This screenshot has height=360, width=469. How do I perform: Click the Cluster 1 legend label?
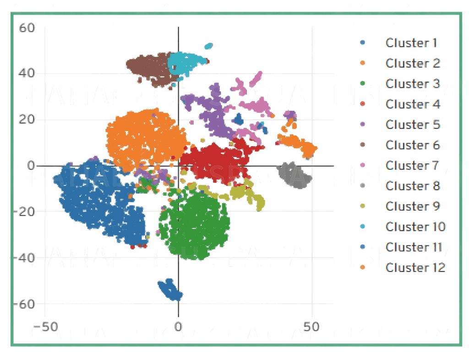click(x=411, y=43)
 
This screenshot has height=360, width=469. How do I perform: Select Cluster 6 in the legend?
click(x=413, y=145)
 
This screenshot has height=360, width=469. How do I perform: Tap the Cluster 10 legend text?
click(x=415, y=227)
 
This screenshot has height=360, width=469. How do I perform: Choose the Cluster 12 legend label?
click(x=415, y=267)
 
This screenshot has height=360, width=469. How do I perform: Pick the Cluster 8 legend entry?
click(x=413, y=186)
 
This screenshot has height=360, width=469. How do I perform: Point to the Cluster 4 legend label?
click(x=413, y=104)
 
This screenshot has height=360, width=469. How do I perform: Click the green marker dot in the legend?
click(x=362, y=84)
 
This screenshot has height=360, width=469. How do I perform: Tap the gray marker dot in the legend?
click(x=362, y=186)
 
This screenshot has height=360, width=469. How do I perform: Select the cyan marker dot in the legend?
click(x=362, y=227)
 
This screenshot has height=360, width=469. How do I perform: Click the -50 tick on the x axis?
click(x=44, y=327)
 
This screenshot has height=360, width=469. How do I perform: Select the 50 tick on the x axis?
click(x=311, y=327)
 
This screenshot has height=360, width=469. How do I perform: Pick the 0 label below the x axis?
click(x=178, y=327)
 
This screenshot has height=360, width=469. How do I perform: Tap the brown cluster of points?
click(x=149, y=69)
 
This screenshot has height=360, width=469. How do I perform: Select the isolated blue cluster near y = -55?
click(x=169, y=290)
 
